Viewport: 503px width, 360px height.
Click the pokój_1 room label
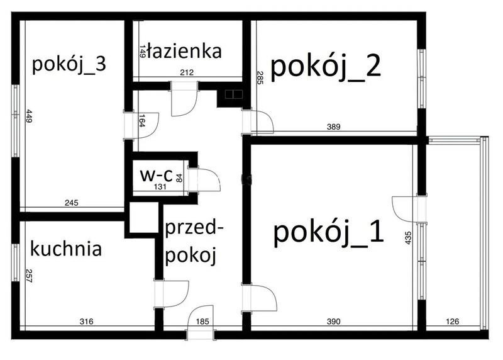click(328, 233)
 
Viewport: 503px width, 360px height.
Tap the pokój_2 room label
click(326, 67)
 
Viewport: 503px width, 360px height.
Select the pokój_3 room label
click(69, 65)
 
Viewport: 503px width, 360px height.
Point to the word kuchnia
click(66, 249)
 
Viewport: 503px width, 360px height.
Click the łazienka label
click(184, 51)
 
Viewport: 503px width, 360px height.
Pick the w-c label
click(157, 176)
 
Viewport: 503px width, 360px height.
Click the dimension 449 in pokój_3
click(29, 116)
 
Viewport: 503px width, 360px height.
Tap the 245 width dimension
click(72, 203)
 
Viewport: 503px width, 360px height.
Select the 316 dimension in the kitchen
click(86, 321)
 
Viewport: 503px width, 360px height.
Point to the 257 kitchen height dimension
click(29, 276)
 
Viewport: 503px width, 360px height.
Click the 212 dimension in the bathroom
click(187, 72)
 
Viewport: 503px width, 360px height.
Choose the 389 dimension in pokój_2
click(334, 127)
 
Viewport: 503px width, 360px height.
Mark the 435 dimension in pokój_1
click(408, 238)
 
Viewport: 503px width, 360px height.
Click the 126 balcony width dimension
click(453, 321)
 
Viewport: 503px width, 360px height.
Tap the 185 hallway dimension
click(202, 321)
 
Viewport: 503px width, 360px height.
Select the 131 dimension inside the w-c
click(160, 187)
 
